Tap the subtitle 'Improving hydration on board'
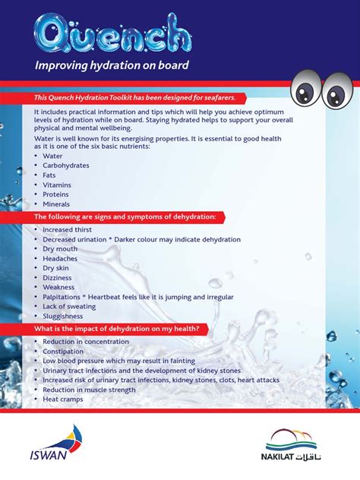[x=111, y=66]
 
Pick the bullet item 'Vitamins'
[x=57, y=185]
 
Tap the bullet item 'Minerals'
[x=56, y=204]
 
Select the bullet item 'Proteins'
[x=56, y=194]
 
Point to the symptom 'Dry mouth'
[x=60, y=249]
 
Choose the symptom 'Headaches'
[x=60, y=258]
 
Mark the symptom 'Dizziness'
[x=58, y=278]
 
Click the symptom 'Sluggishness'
[x=63, y=317]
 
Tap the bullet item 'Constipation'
[x=65, y=352]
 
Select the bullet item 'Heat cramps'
[x=62, y=399]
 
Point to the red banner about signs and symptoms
[x=125, y=217]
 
